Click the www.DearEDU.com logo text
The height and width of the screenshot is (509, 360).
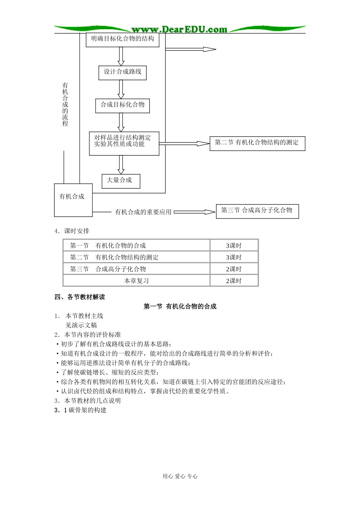179,30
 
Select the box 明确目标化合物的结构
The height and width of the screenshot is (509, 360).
122,39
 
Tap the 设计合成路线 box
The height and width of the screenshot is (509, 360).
122,72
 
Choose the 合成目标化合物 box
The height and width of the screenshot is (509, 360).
122,105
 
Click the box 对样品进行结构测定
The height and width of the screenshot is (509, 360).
124,143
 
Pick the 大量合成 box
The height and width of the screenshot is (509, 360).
121,181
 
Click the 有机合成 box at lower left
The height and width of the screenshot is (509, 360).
73,200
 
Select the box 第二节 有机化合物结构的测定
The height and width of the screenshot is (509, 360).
257,143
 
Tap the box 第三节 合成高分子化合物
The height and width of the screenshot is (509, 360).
257,211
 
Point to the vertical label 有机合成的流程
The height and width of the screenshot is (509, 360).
65,105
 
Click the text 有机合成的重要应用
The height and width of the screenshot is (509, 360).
143,212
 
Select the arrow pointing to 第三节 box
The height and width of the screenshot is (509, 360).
194,212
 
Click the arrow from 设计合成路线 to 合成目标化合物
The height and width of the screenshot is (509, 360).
121,89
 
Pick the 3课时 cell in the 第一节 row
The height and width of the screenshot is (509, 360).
234,245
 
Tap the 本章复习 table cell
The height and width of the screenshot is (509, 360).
136,281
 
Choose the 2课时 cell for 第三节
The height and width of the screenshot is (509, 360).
234,269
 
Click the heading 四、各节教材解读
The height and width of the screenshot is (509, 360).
80,297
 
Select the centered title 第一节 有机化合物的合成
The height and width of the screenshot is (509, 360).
180,306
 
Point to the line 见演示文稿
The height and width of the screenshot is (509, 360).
81,325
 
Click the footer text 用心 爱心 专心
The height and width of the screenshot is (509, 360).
180,476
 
